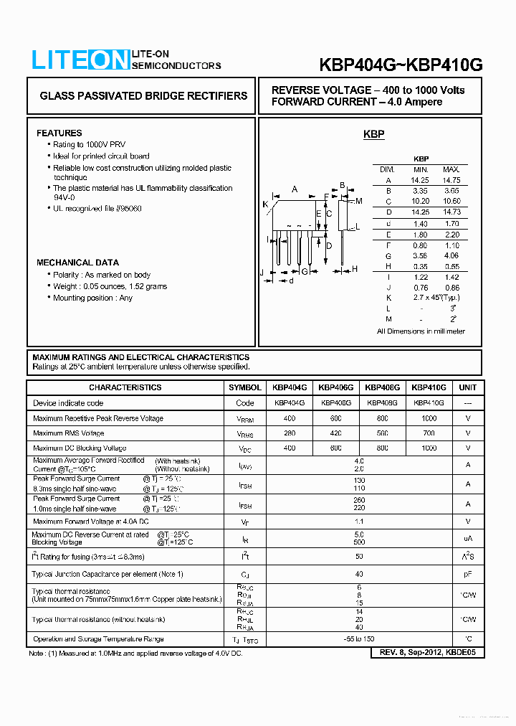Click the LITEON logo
pos(80,61)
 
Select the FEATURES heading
pos(59,133)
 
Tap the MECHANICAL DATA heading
pos(77,263)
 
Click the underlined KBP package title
pos(373,134)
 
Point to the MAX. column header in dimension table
pos(451,169)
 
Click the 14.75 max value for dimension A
pos(451,180)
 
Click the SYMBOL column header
pos(245,387)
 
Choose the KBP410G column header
pos(429,387)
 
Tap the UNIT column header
pos(468,387)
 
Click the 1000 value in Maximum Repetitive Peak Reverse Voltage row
pos(429,418)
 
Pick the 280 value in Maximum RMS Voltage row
pos(289,433)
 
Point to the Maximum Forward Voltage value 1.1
pos(359,522)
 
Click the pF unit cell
pos(468,574)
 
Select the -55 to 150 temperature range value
pos(359,638)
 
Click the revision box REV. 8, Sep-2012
pos(428,653)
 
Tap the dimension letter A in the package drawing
pos(295,189)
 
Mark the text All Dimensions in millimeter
pos(421,331)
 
